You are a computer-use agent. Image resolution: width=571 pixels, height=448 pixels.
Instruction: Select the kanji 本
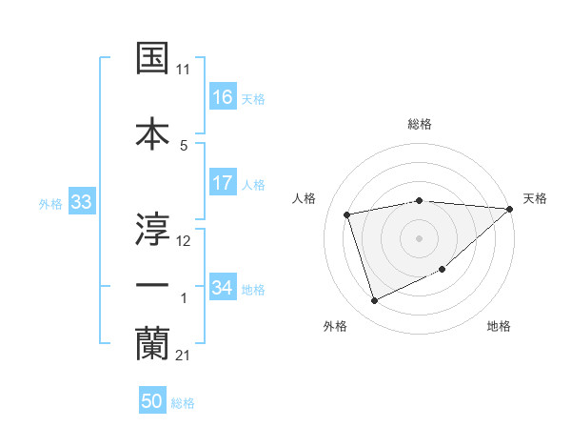coord(152,132)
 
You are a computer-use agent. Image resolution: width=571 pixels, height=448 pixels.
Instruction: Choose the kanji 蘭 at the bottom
coord(152,343)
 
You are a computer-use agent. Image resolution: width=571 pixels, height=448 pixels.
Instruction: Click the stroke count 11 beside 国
coord(184,70)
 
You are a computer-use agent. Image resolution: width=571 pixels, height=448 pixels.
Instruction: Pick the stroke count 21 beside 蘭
coord(184,356)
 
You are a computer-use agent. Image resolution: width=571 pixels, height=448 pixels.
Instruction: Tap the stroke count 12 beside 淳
coord(184,240)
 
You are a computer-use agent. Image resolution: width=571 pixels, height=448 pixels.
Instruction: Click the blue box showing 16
coord(223,97)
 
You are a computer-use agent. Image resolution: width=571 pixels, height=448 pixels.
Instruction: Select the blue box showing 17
coord(223,183)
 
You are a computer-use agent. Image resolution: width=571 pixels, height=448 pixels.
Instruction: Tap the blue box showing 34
coord(223,287)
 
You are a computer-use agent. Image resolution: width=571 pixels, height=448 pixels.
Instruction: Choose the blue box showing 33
coord(81,203)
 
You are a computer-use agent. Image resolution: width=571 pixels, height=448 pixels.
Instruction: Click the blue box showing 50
coord(152,401)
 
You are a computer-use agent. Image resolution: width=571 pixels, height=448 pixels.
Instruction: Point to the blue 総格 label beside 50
coord(183,403)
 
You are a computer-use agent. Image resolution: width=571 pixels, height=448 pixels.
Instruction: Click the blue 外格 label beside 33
coord(50,204)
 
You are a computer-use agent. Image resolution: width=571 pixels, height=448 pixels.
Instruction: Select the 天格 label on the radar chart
coord(535,198)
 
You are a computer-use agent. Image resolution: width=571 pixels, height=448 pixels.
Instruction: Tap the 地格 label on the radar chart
coord(499,326)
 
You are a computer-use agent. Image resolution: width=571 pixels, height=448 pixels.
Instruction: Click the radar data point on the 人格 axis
coord(347,214)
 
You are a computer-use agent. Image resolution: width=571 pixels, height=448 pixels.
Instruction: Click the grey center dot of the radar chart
coord(419,237)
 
